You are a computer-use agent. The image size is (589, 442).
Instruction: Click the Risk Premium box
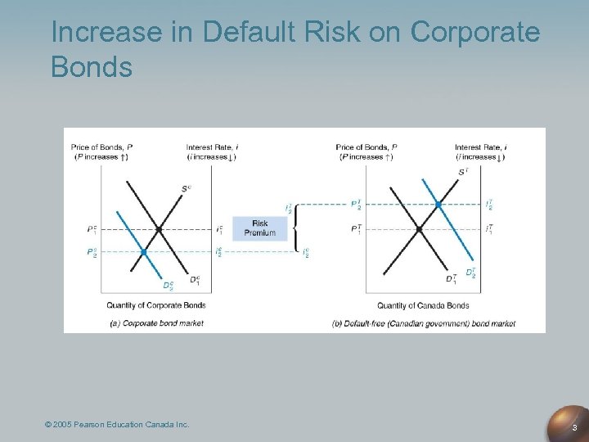pos(259,228)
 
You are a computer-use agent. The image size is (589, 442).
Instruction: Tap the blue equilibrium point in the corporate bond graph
pos(143,252)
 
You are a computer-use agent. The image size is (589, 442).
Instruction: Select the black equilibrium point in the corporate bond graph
pos(159,228)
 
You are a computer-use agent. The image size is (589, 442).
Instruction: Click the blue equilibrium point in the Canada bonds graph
pos(439,204)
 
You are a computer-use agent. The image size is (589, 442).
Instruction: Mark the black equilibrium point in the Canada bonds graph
pos(419,229)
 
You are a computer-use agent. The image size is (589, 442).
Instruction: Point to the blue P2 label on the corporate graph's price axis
pos(92,252)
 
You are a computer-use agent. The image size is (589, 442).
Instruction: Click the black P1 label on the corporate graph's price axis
pos(92,229)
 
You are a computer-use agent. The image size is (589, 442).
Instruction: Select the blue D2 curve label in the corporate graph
pos(166,286)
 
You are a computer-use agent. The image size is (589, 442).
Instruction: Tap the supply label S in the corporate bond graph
pos(187,189)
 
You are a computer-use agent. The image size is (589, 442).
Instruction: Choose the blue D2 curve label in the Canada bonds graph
pos(471,273)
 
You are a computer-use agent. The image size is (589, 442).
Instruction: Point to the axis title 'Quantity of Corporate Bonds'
pos(155,305)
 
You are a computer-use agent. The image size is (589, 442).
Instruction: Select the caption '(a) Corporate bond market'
pos(156,323)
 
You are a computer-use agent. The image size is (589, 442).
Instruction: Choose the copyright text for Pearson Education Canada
pos(117,424)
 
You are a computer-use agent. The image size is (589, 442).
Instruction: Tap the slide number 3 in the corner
pos(575,427)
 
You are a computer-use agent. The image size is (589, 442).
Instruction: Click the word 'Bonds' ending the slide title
pos(91,66)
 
